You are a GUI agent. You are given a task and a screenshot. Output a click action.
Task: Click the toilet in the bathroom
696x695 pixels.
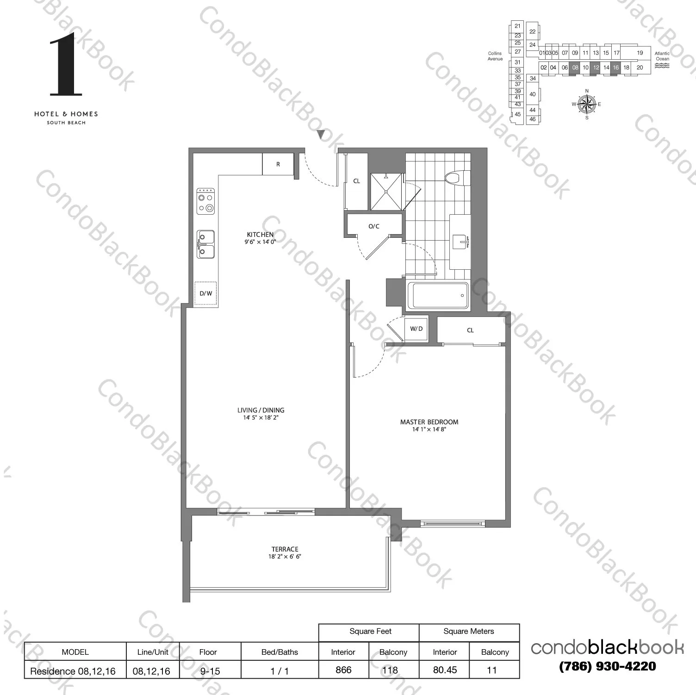(x=457, y=178)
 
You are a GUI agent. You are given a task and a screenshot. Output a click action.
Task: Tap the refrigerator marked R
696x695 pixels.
(x=278, y=164)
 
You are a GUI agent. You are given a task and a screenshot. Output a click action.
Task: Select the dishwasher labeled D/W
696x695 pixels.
(x=206, y=293)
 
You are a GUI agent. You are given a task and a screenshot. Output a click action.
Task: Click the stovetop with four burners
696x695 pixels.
(x=206, y=201)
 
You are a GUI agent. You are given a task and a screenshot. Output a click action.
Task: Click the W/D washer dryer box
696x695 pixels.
(x=416, y=329)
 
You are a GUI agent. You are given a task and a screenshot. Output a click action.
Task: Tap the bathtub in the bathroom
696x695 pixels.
(x=440, y=295)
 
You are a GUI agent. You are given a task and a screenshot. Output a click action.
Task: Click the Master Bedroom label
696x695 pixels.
(x=429, y=422)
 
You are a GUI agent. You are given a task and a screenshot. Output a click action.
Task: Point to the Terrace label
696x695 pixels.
(x=285, y=549)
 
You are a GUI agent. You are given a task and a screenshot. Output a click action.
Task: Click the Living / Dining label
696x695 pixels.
(x=261, y=410)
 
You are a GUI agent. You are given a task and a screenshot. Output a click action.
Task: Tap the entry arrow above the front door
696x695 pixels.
(x=320, y=135)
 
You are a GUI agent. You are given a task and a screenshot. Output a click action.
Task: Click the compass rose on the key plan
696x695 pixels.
(x=587, y=104)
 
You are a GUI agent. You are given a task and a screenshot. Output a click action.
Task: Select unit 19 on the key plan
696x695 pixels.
(x=640, y=53)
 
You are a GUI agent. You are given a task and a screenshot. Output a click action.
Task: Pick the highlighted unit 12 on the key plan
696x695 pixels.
(x=596, y=68)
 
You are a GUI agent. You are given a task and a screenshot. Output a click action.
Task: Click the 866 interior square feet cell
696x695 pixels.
(x=343, y=670)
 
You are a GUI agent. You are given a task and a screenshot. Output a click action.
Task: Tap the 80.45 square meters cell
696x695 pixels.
(x=445, y=670)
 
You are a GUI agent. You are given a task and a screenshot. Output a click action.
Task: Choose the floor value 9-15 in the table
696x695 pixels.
(x=209, y=670)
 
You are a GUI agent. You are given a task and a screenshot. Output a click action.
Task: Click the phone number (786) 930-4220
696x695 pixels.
(x=607, y=666)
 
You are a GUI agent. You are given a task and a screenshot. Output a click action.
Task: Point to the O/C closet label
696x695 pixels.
(x=374, y=226)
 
